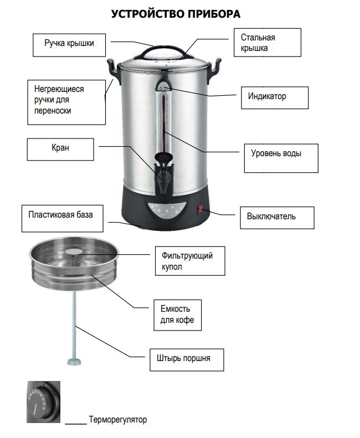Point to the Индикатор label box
[x=274, y=97]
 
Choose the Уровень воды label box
[x=281, y=158]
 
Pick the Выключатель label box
[x=276, y=217]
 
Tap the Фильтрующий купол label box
[x=190, y=261]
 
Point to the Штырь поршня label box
[x=187, y=359]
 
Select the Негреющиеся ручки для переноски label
[x=66, y=101]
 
